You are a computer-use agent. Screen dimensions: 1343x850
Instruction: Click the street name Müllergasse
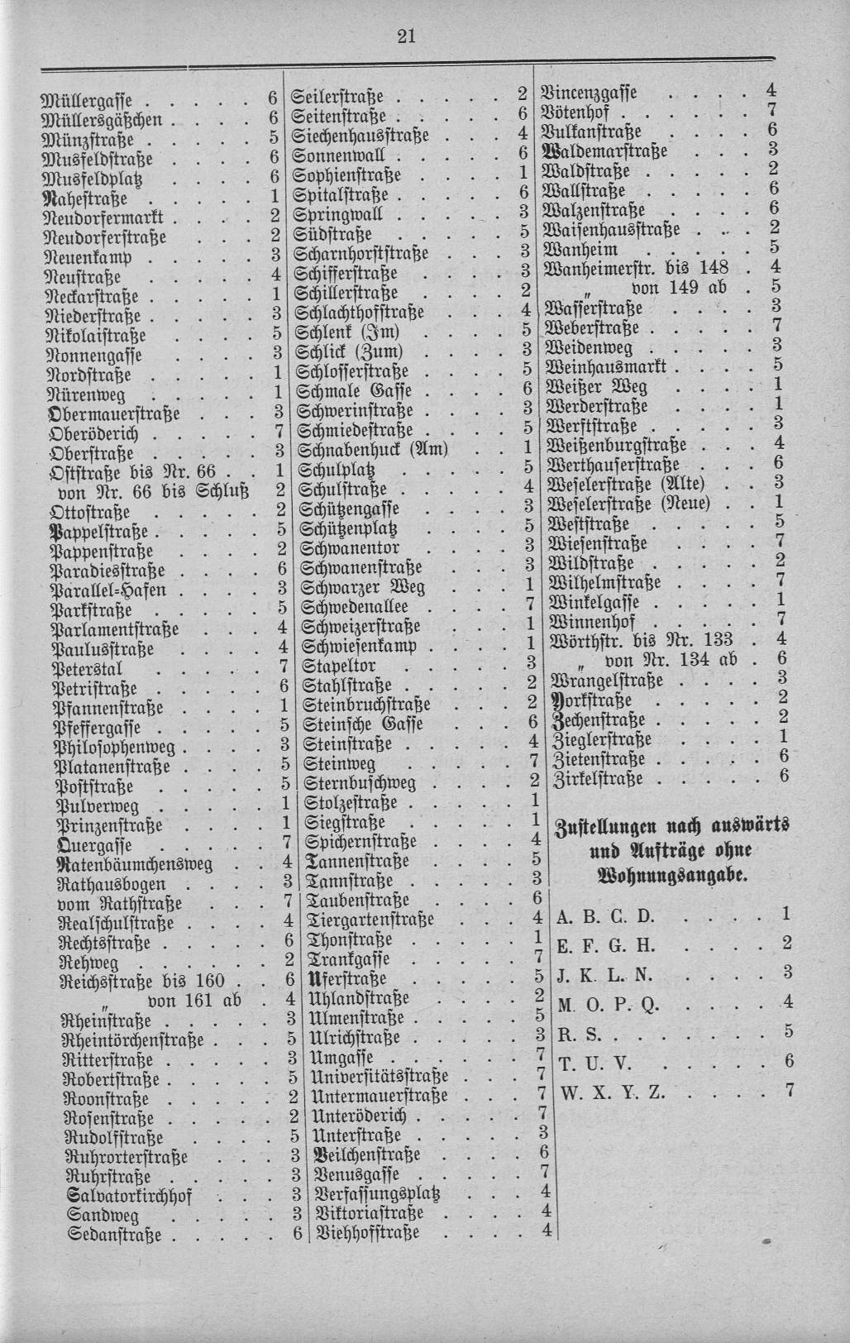[91, 101]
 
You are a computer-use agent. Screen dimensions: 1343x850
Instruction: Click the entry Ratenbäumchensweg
[135, 864]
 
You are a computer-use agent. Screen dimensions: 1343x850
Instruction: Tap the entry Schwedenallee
[356, 606]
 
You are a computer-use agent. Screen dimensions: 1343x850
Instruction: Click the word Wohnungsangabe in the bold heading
[671, 876]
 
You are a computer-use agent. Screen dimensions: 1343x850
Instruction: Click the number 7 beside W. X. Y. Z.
[789, 1090]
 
